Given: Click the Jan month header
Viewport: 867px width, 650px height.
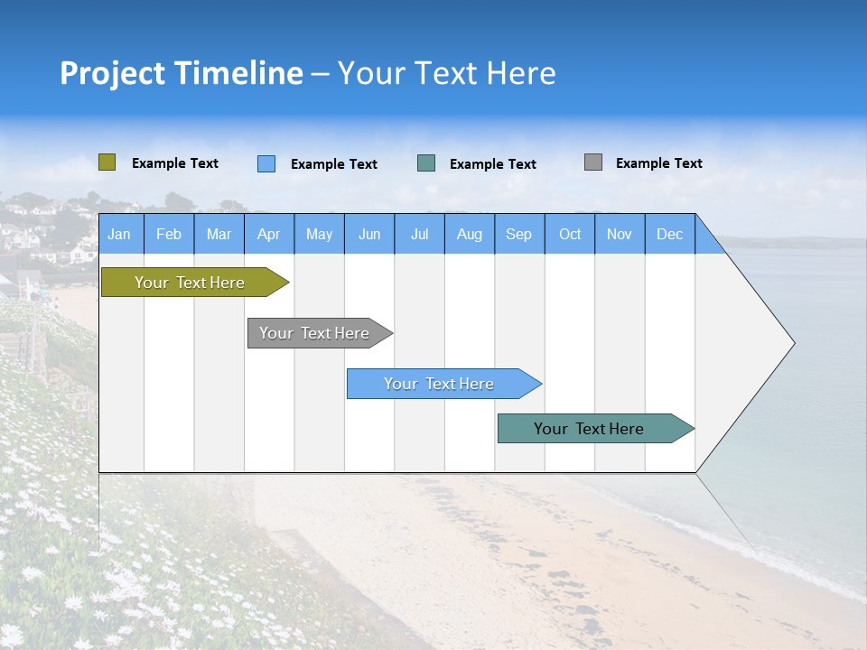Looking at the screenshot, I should (x=119, y=234).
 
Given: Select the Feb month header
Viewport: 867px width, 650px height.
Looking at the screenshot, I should (x=169, y=234).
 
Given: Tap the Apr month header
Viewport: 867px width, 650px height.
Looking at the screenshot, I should (x=268, y=234).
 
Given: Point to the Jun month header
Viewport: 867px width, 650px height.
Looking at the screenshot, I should (x=369, y=234).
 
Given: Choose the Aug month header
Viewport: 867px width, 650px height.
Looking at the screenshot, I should (x=470, y=234).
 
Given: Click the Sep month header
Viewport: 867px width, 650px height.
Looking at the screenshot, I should (x=518, y=234).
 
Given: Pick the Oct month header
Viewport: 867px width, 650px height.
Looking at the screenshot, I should (x=570, y=234).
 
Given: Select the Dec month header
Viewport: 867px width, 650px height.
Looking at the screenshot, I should (x=669, y=234).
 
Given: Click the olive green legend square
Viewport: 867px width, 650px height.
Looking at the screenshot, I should (x=107, y=162).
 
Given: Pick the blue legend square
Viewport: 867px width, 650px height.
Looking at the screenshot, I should (x=266, y=163).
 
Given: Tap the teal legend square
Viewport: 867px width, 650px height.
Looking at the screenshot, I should (x=426, y=163).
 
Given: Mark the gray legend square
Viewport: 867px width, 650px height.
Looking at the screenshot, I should (x=593, y=162).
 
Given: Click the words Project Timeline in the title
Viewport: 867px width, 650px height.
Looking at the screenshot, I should (x=181, y=73).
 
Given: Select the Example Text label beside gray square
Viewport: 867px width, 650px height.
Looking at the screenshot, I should (x=658, y=163).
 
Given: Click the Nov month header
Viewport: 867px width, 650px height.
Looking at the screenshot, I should (x=620, y=234).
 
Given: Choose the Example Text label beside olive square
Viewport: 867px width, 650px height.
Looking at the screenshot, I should (x=174, y=163).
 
